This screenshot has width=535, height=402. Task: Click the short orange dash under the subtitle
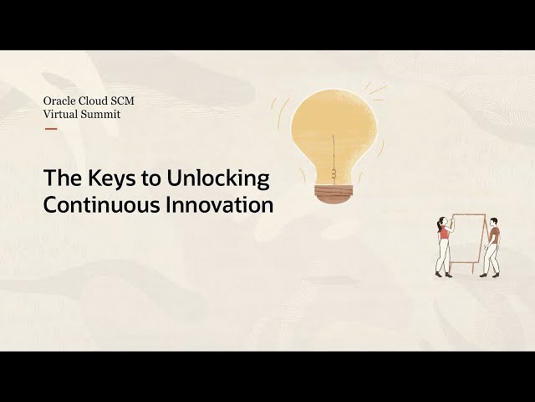(x=51, y=129)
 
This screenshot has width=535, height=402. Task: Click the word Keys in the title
(x=111, y=178)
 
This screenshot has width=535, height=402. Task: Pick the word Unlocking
(x=218, y=178)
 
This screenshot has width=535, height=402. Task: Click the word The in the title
(x=64, y=178)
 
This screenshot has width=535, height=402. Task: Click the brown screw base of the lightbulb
(x=333, y=194)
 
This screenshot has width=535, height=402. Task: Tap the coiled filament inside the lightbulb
(x=334, y=173)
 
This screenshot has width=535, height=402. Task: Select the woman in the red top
(x=444, y=246)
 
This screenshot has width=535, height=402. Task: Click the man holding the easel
(x=492, y=247)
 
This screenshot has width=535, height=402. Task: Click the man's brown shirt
(x=494, y=235)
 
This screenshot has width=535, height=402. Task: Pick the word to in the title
(x=150, y=179)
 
